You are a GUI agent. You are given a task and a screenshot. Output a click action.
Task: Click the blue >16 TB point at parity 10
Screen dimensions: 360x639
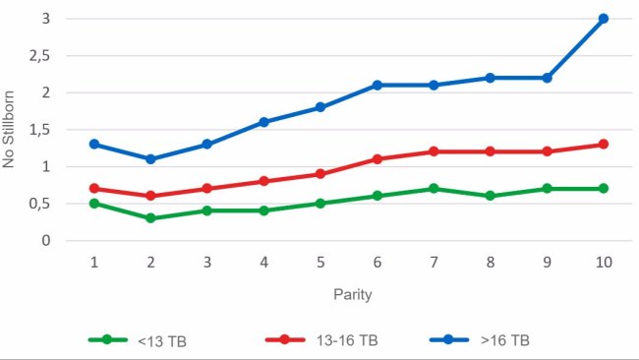click(x=603, y=19)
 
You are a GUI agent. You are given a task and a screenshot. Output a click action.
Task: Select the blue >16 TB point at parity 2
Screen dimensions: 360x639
click(x=150, y=158)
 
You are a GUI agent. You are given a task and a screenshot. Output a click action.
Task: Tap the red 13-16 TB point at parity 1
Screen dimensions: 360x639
click(x=94, y=188)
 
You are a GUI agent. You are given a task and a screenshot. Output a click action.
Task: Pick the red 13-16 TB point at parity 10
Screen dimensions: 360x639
click(x=603, y=145)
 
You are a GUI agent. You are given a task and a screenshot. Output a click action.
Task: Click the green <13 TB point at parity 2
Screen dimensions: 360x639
click(x=150, y=218)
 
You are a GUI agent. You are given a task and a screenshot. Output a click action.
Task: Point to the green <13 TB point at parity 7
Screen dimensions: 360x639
click(x=434, y=188)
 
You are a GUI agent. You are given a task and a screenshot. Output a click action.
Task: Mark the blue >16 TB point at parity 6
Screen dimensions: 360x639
click(x=377, y=86)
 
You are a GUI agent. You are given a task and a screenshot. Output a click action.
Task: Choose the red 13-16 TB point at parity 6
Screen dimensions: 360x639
click(x=377, y=158)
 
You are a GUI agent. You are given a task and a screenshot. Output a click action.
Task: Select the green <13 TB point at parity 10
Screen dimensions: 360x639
click(x=603, y=188)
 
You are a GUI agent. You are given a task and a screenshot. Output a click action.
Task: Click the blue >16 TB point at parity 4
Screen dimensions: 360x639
click(x=263, y=122)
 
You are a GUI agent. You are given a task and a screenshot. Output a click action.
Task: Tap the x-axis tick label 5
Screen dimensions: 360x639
click(x=320, y=264)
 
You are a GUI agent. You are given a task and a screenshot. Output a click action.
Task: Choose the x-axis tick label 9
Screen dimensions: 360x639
click(x=547, y=264)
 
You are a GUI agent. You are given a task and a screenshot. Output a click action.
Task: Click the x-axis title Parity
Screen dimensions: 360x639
click(x=349, y=294)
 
